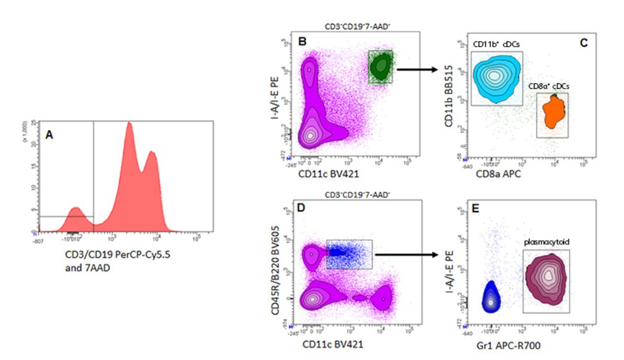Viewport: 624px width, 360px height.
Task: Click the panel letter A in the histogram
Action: tap(50, 136)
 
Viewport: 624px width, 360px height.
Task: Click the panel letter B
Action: tap(302, 41)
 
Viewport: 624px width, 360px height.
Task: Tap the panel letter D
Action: tap(302, 207)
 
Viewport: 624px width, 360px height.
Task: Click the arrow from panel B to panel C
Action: tap(418, 69)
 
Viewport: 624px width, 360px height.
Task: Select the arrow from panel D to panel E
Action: tap(408, 254)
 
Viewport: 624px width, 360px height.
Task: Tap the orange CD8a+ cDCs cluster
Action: tap(551, 113)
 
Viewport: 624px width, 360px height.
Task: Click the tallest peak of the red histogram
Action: tap(129, 126)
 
